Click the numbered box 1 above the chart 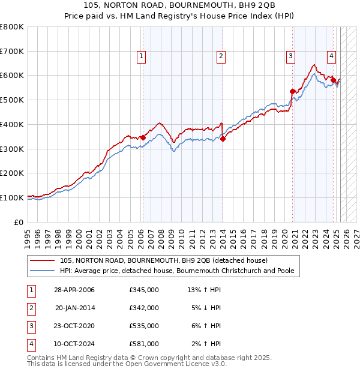(141, 57)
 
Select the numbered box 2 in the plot (221, 57)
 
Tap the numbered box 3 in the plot (290, 57)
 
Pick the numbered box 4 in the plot (331, 57)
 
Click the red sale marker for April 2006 (143, 137)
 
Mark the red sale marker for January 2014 (223, 139)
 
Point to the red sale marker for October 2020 (293, 91)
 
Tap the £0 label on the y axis (19, 222)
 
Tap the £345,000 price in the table (144, 290)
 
